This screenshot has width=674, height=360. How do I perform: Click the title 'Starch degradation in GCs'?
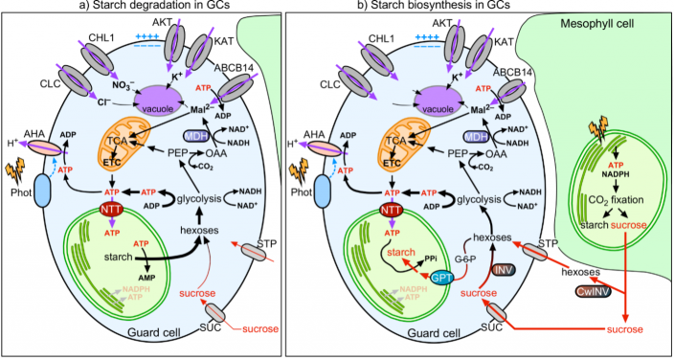[158, 8]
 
